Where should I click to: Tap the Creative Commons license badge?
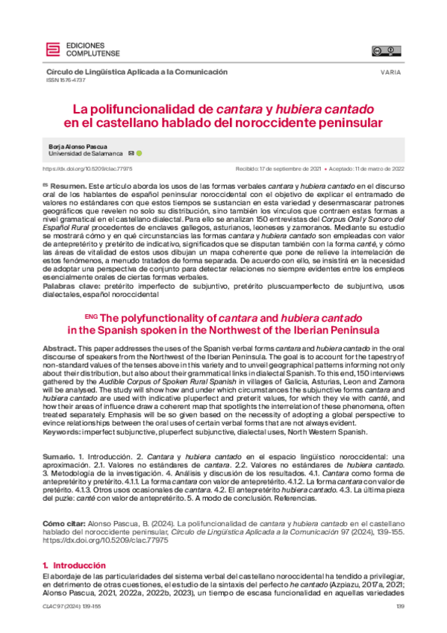(384, 51)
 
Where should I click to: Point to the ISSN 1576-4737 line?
(66, 81)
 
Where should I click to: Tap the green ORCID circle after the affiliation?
(139, 153)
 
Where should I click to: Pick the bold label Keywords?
(63, 431)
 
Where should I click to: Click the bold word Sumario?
(60, 455)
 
